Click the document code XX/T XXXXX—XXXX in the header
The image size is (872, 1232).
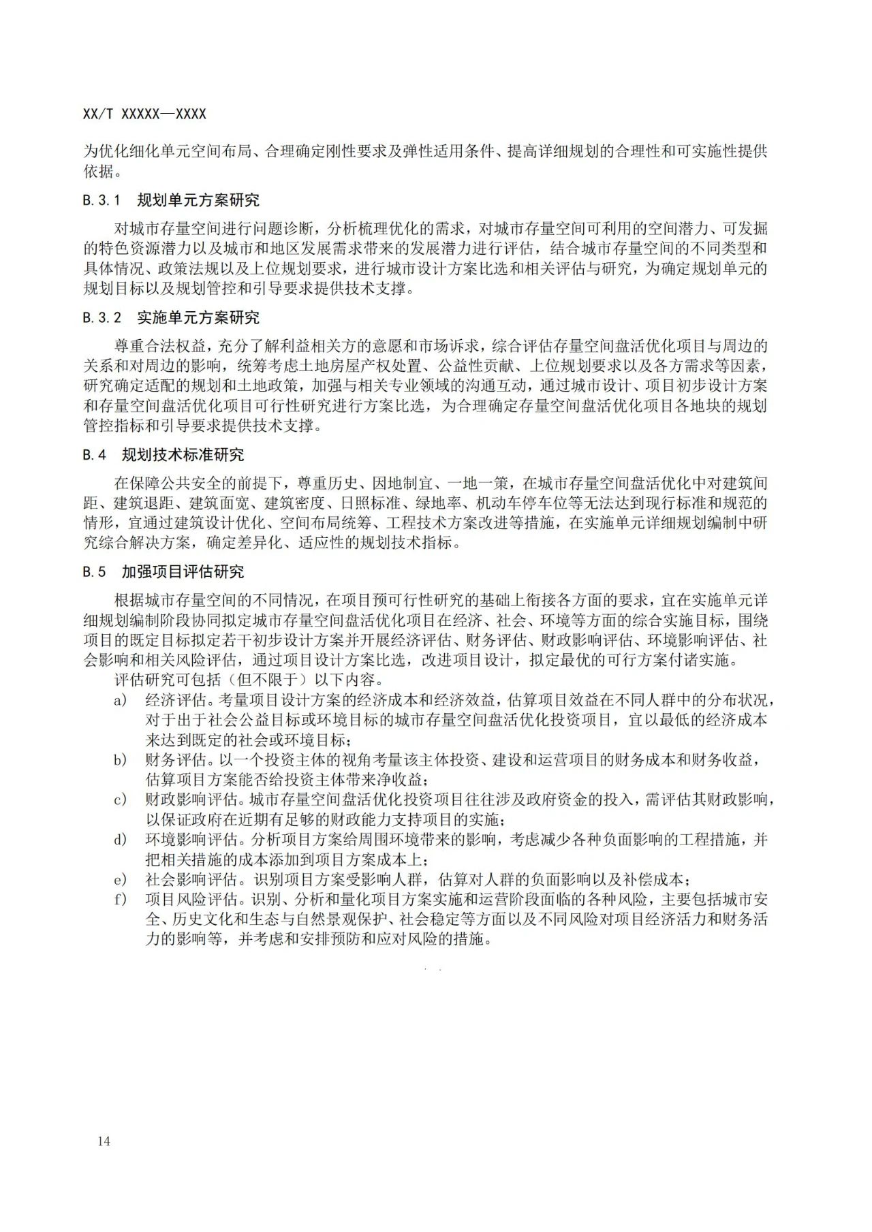point(144,114)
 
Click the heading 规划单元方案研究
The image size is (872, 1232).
point(198,200)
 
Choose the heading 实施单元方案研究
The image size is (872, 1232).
point(198,317)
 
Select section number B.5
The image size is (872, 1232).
point(95,571)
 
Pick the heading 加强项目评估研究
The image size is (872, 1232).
point(183,571)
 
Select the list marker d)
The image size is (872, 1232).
point(121,840)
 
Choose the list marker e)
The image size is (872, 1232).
point(121,879)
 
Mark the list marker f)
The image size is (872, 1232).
point(121,899)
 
